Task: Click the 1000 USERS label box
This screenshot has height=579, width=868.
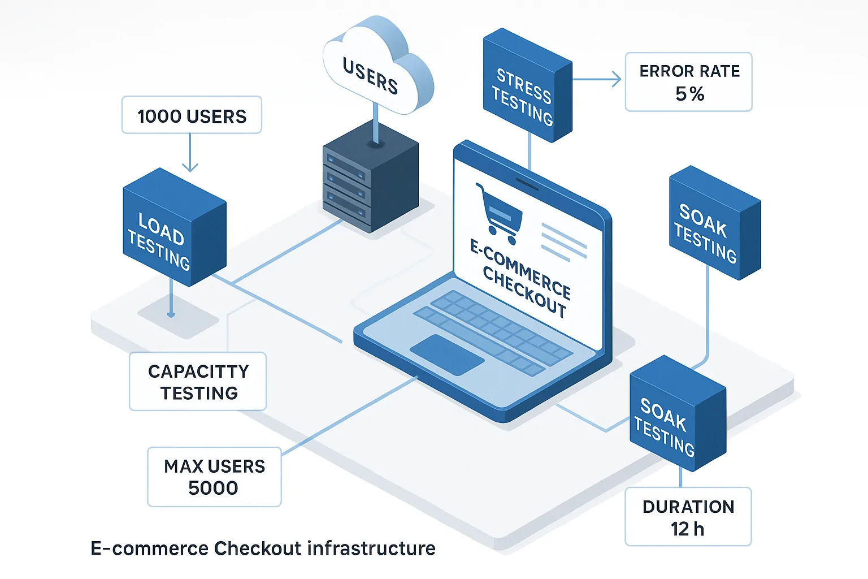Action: (192, 115)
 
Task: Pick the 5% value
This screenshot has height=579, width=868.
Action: (689, 94)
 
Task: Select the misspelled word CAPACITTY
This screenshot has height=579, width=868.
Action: (198, 371)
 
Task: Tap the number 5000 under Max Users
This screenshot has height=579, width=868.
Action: (213, 488)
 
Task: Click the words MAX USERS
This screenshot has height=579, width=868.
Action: (214, 466)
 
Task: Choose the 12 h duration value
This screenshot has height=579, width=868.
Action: (687, 529)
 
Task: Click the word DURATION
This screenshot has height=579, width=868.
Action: (688, 507)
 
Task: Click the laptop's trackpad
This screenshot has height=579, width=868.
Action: (446, 355)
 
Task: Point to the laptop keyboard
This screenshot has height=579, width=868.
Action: (492, 331)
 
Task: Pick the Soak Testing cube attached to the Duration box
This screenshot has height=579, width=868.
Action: (675, 416)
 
